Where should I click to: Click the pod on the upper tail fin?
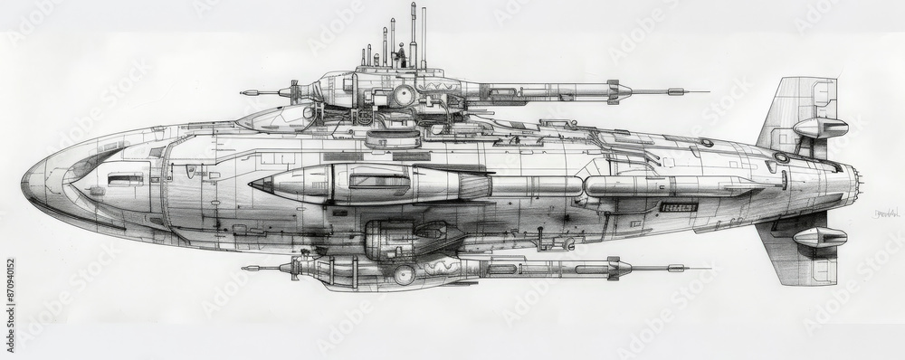(x=819, y=128)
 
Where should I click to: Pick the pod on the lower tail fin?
(x=819, y=237)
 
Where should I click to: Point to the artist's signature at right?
(x=888, y=213)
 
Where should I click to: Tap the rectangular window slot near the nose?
(x=125, y=179)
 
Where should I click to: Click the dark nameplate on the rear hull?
(x=679, y=207)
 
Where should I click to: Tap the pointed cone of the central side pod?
(x=255, y=185)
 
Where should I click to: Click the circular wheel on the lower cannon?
(x=404, y=275)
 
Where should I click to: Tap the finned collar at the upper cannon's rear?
(x=618, y=90)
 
